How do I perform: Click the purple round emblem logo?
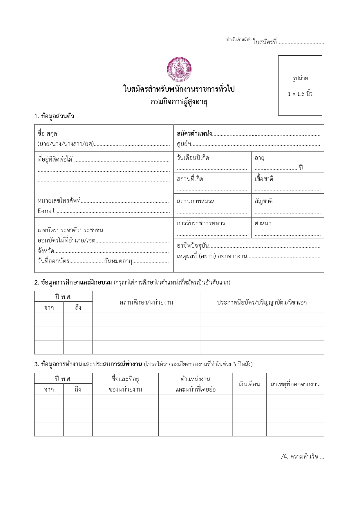coord(180,70)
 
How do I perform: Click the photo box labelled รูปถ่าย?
coord(300,86)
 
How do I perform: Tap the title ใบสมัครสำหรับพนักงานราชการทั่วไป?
coord(179,89)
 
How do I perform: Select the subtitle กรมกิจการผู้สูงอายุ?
coord(180,102)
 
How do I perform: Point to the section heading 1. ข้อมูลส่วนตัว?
coord(54,117)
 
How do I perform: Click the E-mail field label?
coord(46,211)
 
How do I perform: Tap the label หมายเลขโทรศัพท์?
coord(59,201)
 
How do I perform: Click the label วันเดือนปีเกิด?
coord(193,158)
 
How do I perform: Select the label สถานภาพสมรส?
coord(196,201)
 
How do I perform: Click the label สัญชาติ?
coord(263,201)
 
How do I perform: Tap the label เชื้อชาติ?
coord(264,179)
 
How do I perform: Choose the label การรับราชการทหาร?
coord(201,223)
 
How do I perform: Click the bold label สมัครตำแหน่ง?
coord(194,134)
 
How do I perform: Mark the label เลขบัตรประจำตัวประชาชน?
coord(70,231)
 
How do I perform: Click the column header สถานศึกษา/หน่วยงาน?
coord(146,302)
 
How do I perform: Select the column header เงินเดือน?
coord(249,384)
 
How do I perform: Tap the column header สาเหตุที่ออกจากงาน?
coord(295,384)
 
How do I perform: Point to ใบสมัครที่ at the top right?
coord(265,42)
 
